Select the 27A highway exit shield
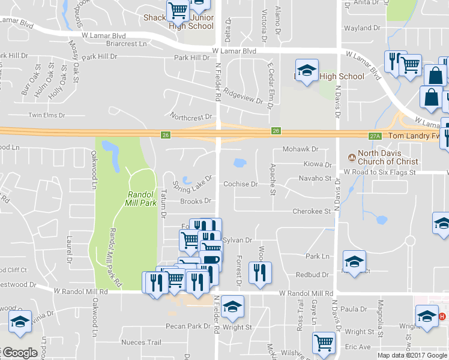(376, 136)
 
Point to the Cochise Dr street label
(240, 184)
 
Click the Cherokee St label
(312, 211)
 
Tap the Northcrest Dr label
(191, 116)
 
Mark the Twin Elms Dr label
(46, 115)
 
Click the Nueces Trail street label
(141, 343)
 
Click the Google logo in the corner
(20, 353)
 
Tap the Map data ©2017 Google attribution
(412, 355)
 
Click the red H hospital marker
(442, 316)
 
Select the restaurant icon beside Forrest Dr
(260, 273)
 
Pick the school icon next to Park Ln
(354, 262)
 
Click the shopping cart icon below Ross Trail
(324, 343)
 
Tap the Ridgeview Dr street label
(243, 97)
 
